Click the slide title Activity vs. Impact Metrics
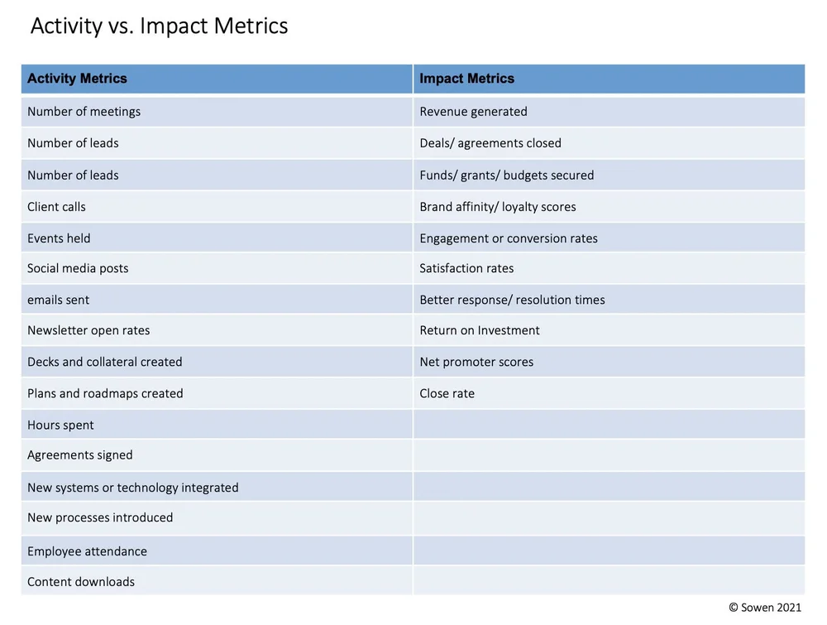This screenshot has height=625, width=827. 160,26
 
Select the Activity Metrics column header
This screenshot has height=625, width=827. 77,79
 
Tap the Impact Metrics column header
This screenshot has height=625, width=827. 466,79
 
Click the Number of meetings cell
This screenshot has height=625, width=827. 84,112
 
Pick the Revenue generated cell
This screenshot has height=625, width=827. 473,112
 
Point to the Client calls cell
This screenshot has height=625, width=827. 56,207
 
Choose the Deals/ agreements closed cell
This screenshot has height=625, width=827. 490,143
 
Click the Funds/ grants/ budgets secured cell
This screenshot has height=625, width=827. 506,175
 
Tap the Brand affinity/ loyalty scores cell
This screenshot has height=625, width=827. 497,207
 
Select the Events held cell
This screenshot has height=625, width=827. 59,238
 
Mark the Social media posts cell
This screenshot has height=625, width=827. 78,268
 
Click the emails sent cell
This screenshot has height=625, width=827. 58,300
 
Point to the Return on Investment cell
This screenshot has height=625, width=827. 479,330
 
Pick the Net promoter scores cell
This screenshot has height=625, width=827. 476,362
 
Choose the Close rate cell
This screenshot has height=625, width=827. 447,393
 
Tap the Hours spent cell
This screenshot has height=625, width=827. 60,425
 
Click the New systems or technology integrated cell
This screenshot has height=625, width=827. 132,488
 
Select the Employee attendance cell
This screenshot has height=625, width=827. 87,551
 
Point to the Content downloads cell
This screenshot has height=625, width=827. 80,582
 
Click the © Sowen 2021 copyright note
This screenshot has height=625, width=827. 765,608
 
